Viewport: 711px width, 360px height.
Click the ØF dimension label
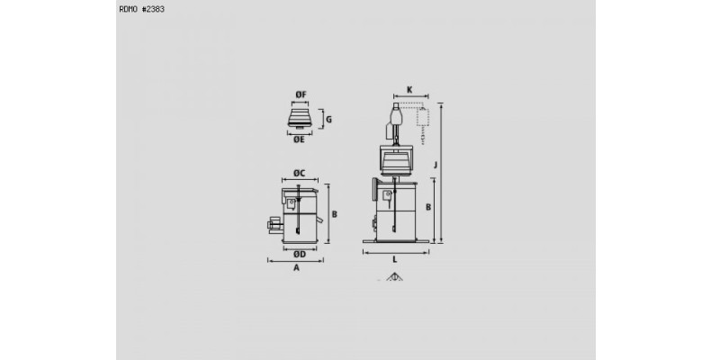tap(301, 94)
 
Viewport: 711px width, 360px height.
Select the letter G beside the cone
tap(328, 119)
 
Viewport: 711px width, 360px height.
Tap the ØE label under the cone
tap(299, 139)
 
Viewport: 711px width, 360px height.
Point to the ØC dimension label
tap(299, 173)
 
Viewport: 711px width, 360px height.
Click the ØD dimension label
tap(300, 255)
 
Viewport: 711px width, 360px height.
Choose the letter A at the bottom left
tap(297, 268)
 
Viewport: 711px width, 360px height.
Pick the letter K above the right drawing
tap(409, 90)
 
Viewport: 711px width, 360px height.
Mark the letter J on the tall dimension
tap(436, 165)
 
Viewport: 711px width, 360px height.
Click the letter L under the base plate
tap(394, 260)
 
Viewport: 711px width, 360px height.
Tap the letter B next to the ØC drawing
tap(335, 214)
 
